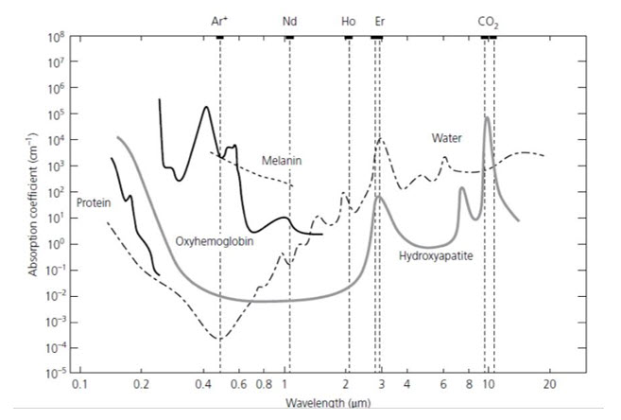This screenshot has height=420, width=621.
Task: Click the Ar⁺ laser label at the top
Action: pyautogui.click(x=219, y=20)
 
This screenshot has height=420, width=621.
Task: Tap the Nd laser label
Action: pyautogui.click(x=288, y=20)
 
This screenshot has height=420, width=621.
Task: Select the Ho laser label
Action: pyautogui.click(x=348, y=20)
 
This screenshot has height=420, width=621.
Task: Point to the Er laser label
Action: pyautogui.click(x=379, y=20)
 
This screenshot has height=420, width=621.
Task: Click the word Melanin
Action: pyautogui.click(x=282, y=161)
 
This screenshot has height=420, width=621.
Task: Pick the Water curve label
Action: pyautogui.click(x=446, y=138)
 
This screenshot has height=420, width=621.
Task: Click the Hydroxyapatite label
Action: pyautogui.click(x=435, y=255)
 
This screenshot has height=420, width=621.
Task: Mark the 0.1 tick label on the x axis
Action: pyautogui.click(x=79, y=385)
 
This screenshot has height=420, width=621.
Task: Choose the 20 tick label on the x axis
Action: pyautogui.click(x=550, y=385)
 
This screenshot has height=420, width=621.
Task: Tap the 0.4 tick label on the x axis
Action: pyautogui.click(x=203, y=385)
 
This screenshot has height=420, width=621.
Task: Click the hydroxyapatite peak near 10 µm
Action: pyautogui.click(x=487, y=117)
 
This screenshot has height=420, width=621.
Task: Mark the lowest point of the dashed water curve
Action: pyautogui.click(x=219, y=339)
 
